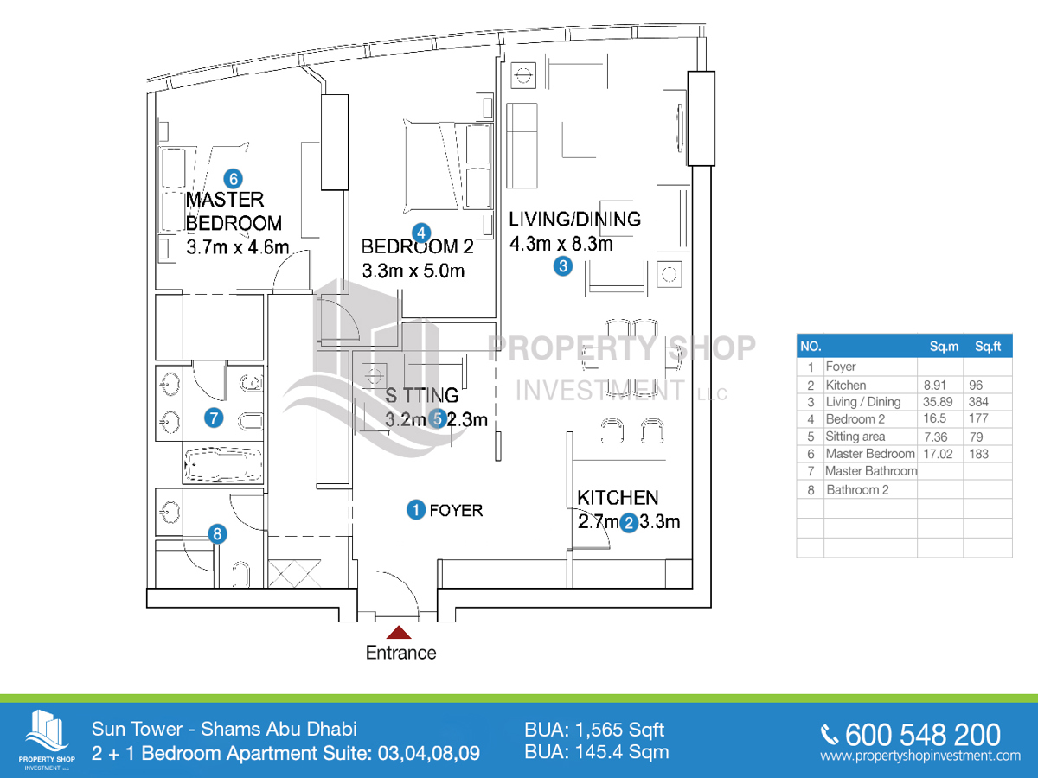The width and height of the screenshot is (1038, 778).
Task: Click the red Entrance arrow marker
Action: pos(399,633)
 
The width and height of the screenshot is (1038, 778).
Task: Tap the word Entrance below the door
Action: pos(400,653)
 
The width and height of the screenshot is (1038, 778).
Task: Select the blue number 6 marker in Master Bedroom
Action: pos(232,179)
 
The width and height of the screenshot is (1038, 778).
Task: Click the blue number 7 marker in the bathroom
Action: pos(214,418)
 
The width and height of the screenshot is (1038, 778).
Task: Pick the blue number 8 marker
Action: pos(218,535)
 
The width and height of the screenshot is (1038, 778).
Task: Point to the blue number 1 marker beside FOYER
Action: pos(416,510)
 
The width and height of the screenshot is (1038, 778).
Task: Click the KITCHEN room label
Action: pos(618,498)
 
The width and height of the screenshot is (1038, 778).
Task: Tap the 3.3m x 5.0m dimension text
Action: pos(413,271)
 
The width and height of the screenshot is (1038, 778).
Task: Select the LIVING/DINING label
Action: pos(574,219)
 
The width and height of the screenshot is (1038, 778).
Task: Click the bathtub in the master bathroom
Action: pos(222,464)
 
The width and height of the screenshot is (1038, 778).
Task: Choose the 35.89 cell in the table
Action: pos(939,402)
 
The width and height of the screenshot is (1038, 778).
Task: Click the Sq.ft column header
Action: pos(987,347)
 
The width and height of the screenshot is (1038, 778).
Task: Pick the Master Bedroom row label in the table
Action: pos(869,454)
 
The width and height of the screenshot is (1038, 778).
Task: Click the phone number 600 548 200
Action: pos(922,735)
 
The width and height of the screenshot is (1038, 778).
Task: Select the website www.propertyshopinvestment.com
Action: pos(920,756)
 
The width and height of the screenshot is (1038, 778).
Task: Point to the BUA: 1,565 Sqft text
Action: pos(594,730)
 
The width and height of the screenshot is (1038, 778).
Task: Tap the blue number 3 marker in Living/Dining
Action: pos(563,266)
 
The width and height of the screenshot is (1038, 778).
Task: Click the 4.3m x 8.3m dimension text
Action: pos(561,244)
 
